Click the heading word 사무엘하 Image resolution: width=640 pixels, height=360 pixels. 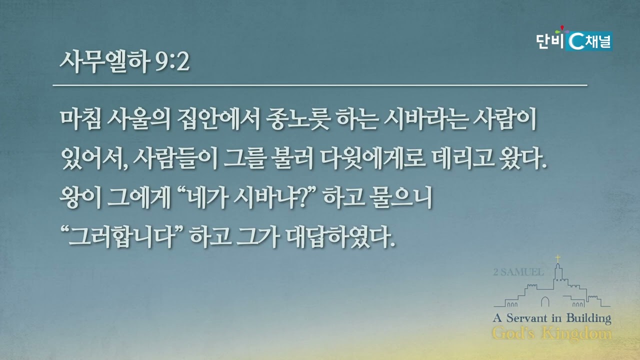(105, 61)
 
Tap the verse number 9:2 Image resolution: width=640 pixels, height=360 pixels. (172, 62)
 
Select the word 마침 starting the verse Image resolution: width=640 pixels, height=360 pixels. (81, 119)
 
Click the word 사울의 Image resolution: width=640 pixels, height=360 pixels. (138, 119)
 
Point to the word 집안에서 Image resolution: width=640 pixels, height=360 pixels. (218, 119)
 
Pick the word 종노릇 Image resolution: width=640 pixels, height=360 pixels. (298, 119)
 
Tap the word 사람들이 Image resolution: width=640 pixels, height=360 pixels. (175, 158)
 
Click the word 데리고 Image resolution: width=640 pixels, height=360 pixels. (463, 158)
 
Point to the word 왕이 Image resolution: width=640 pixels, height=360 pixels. (80, 197)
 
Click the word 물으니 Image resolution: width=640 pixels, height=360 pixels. (400, 197)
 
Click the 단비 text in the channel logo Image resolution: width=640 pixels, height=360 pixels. (549, 41)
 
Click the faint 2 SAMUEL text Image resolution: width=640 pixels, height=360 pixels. (518, 272)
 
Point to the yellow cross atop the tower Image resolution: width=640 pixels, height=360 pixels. (557, 258)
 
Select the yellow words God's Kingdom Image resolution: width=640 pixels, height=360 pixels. (551, 333)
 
